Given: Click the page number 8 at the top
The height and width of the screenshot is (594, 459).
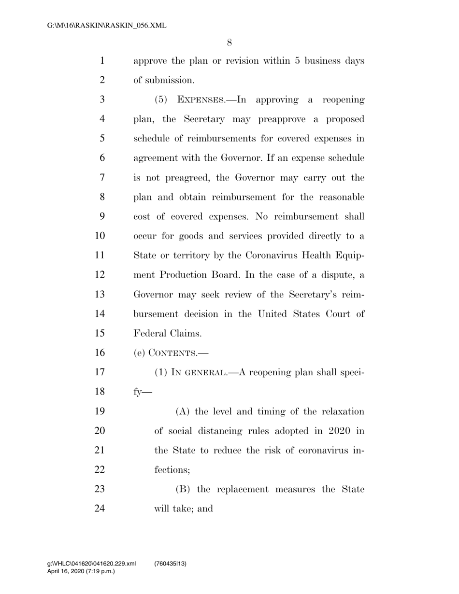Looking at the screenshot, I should point(229,42).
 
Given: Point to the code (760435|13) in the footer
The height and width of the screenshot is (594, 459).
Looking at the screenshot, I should point(170,564).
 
